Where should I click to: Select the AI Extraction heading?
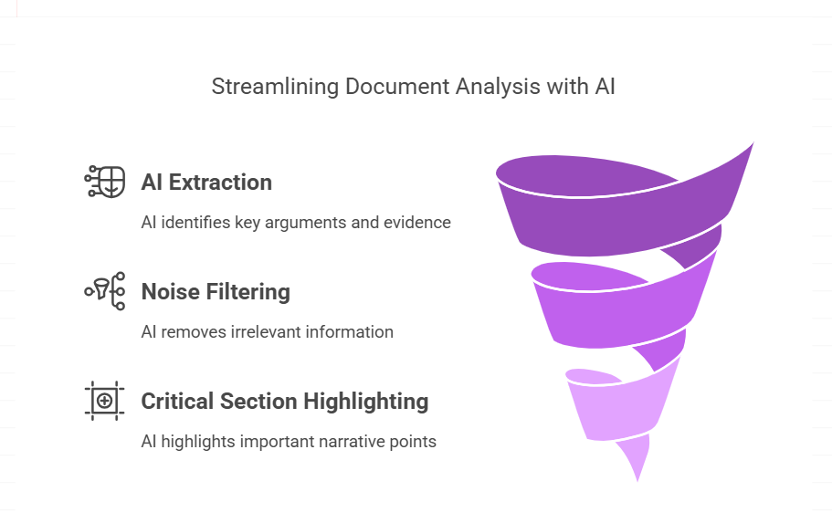[x=206, y=183]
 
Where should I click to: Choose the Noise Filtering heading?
[x=216, y=292]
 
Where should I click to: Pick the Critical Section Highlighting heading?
[x=284, y=402]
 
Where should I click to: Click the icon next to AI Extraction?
[x=104, y=182]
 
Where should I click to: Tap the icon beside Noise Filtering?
[x=104, y=291]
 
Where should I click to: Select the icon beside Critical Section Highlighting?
[x=104, y=401]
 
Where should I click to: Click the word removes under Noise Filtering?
[x=194, y=332]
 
